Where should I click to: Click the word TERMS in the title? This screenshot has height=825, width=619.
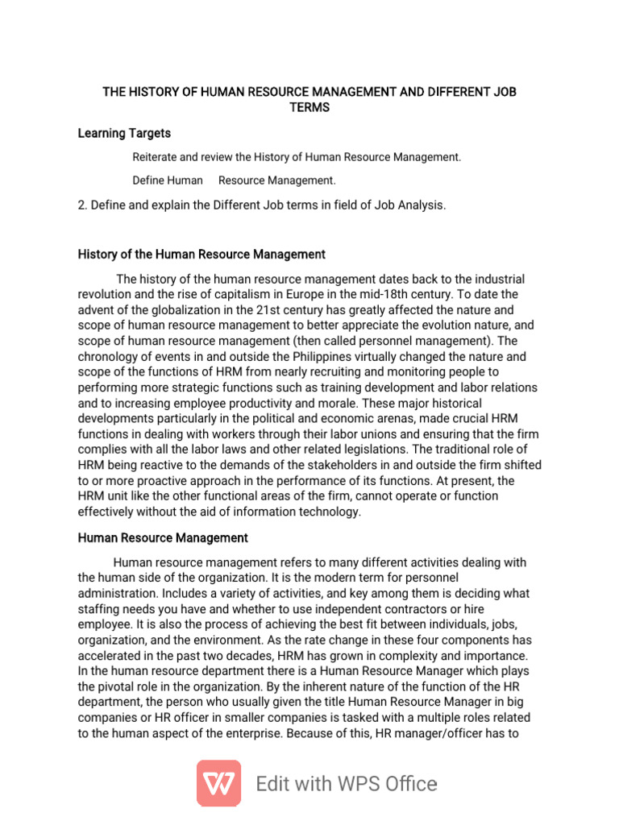pyautogui.click(x=309, y=107)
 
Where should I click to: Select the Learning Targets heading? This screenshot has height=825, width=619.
pyautogui.click(x=124, y=133)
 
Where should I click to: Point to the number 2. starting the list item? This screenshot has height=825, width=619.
pyautogui.click(x=82, y=205)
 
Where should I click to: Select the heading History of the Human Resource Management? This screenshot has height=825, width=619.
pyautogui.click(x=201, y=255)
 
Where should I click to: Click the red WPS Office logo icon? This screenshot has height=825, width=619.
pyautogui.click(x=218, y=783)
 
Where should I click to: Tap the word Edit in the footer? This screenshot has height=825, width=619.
pyautogui.click(x=276, y=784)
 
